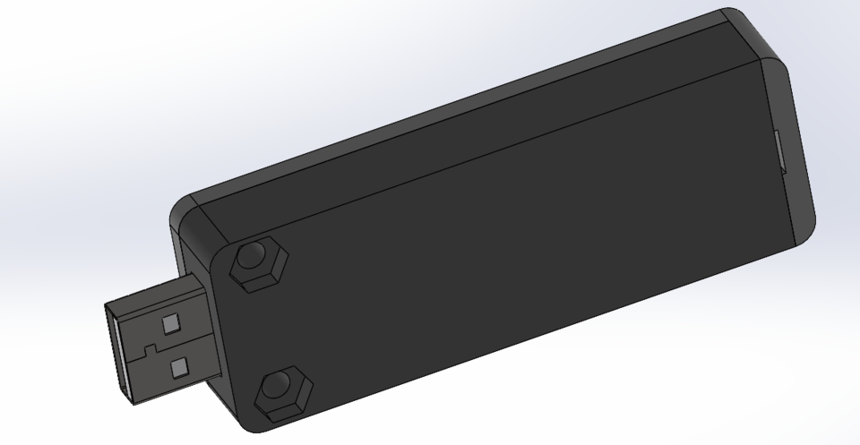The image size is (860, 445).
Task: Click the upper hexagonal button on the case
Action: tap(259, 263)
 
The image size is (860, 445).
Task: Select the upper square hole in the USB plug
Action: tap(170, 321)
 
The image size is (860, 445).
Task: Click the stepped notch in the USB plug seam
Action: tap(152, 346)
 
